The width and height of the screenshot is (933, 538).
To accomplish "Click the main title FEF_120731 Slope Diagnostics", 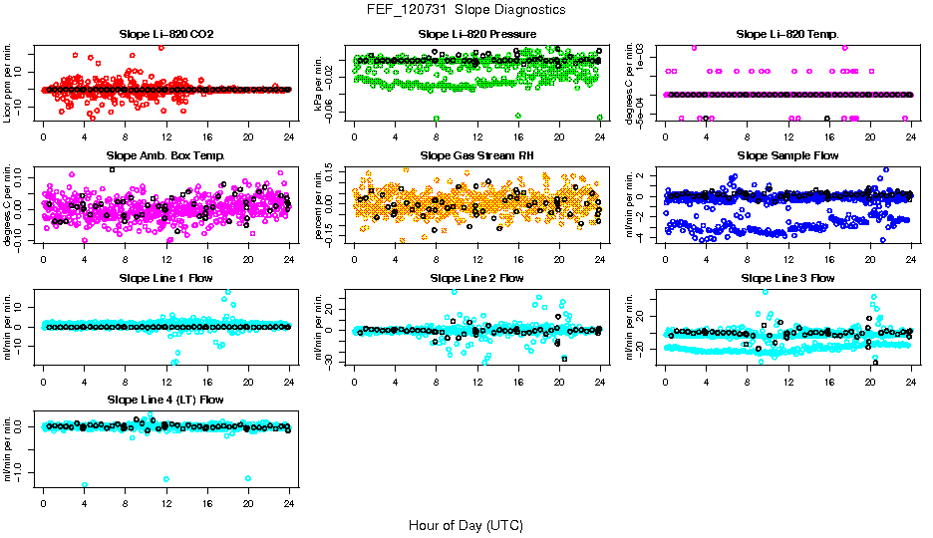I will [466, 9].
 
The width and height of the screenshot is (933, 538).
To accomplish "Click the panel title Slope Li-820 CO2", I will [166, 34].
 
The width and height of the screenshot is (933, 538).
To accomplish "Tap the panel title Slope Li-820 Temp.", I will [787, 34].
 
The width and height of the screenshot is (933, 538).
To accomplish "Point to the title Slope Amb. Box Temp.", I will [166, 155].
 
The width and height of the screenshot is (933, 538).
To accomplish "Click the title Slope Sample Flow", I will [787, 155].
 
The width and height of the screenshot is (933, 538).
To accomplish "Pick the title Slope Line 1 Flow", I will [166, 277].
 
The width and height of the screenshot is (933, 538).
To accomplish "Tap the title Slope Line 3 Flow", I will [787, 277].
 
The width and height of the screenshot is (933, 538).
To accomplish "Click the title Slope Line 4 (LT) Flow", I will [166, 399].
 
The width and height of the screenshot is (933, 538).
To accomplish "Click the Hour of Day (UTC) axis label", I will [466, 524].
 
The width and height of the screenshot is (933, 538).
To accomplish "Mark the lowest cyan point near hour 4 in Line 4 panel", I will [84, 485].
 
